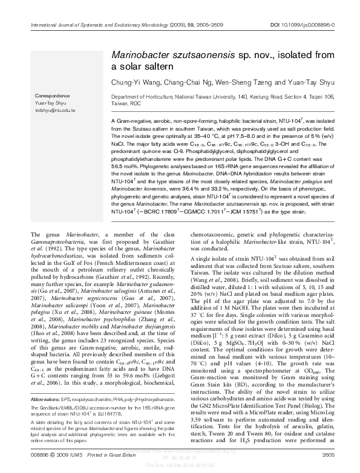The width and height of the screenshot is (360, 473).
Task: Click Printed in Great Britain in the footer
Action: point(102,455)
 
